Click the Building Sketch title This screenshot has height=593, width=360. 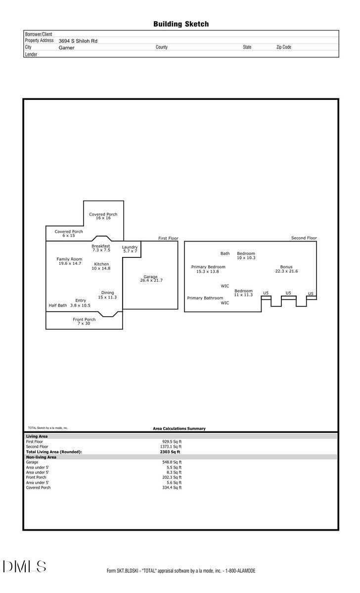click(x=180, y=24)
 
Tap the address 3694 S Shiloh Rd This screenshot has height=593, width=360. click(x=78, y=41)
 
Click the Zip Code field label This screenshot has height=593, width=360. click(x=283, y=47)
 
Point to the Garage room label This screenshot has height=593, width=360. click(x=151, y=277)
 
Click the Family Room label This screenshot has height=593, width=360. click(x=69, y=259)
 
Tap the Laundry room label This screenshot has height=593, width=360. click(x=130, y=247)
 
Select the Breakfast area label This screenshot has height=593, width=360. click(x=100, y=246)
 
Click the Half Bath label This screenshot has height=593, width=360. click(x=57, y=305)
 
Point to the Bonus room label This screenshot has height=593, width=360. click(x=286, y=267)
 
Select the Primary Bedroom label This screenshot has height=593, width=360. click(x=208, y=267)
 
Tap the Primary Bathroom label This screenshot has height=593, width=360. click(x=205, y=298)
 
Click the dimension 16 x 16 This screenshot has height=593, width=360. click(x=103, y=218)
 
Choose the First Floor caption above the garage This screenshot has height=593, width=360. click(x=168, y=238)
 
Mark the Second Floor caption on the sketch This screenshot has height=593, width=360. click(x=304, y=238)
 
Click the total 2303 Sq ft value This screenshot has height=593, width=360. click(x=170, y=452)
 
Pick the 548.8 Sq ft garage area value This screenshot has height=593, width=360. click(x=172, y=462)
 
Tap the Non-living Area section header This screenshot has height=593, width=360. click(x=41, y=457)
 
